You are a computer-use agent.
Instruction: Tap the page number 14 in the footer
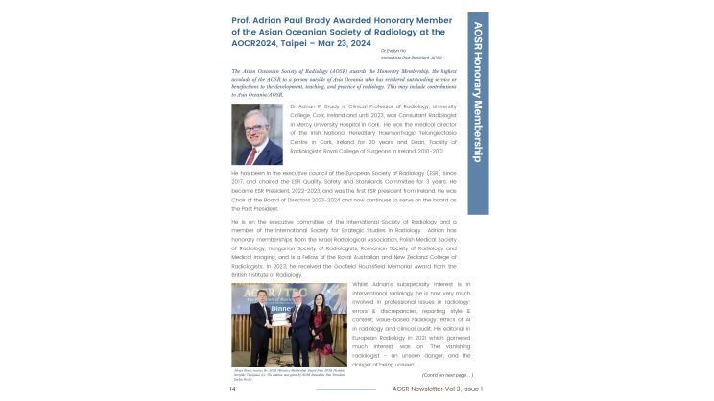click(233, 389)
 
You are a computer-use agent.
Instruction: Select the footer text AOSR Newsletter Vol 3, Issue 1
click(433, 389)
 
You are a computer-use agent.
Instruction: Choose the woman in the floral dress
click(329, 338)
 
